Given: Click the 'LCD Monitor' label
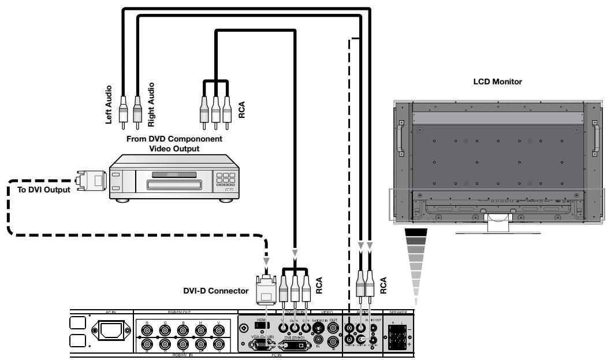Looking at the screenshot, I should pyautogui.click(x=498, y=82).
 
